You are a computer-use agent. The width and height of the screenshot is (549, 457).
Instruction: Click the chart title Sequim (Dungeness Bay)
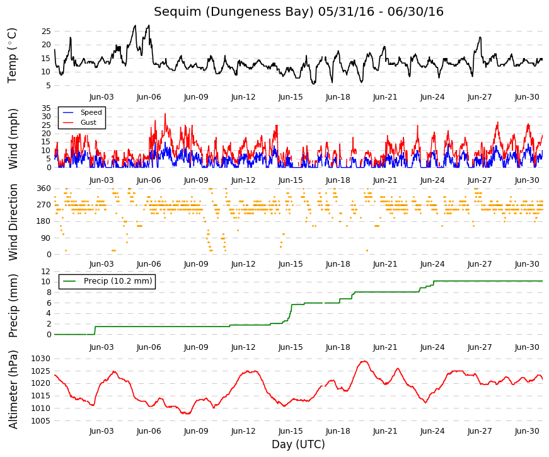coord(234,11)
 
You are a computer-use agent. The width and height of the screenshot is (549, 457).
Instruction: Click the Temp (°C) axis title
coord(12,55)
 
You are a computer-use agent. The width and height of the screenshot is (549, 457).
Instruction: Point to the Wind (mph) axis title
coord(13,139)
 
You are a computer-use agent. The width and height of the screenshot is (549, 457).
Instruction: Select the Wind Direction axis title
coord(13,223)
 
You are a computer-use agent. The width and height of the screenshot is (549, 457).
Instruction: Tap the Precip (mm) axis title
coord(13,306)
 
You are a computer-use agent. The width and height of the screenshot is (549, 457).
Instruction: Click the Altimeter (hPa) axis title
coord(13,390)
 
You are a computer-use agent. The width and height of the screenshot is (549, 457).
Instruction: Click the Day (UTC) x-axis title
coord(298,444)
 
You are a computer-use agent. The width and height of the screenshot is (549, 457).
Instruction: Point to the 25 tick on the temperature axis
coord(46,31)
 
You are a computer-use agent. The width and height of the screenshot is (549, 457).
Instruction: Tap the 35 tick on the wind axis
coord(46,108)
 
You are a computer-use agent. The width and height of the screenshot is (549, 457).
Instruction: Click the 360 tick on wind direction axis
coord(44,188)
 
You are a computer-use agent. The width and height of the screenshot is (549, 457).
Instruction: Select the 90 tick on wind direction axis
coord(46,238)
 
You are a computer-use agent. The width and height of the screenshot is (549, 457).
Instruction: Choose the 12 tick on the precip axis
coord(46,272)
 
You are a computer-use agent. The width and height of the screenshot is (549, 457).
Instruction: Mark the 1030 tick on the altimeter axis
coord(41,359)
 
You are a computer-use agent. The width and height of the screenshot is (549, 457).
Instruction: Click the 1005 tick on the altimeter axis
coord(41,420)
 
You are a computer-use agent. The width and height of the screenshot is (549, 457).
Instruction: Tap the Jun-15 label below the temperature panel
coord(291,97)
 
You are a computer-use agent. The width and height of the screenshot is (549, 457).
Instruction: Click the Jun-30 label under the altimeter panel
coord(527,431)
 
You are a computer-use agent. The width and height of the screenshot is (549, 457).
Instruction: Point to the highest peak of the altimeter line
coord(364,361)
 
